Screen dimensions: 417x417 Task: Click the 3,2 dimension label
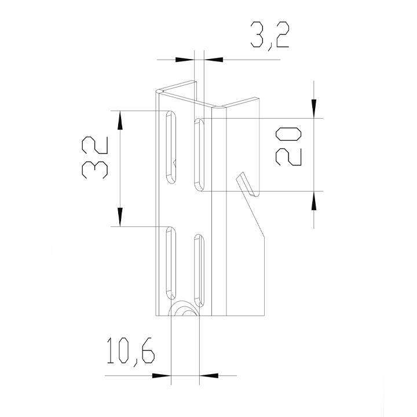coord(270,36)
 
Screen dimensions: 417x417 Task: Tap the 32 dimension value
coord(95,158)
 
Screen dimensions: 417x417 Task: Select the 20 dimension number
coord(288,147)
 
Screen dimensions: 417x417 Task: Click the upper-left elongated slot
coord(171,147)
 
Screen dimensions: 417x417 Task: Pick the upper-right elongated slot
coord(199,155)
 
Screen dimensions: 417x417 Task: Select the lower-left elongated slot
coord(171,264)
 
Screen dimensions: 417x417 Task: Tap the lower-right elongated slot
coord(199,270)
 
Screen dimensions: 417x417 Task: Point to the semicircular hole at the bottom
coord(184,309)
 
